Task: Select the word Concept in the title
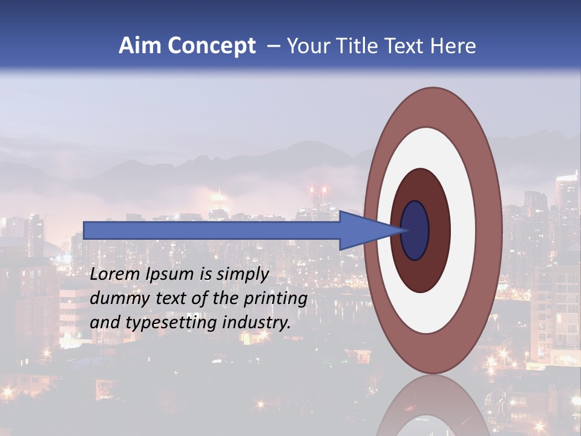211,46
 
